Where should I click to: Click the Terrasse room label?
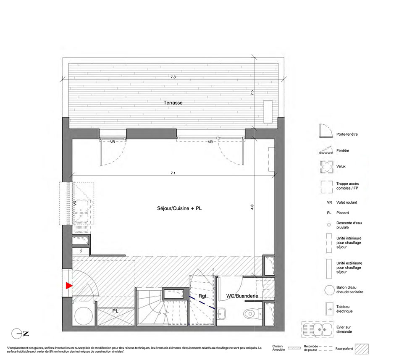pyautogui.click(x=173, y=102)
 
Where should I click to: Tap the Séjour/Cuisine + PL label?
pyautogui.click(x=179, y=208)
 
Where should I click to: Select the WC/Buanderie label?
pyautogui.click(x=242, y=296)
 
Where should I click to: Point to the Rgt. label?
pyautogui.click(x=203, y=296)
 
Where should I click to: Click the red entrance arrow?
pyautogui.click(x=69, y=286)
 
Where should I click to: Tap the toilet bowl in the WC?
pyautogui.click(x=250, y=313)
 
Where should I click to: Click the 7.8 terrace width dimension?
pyautogui.click(x=173, y=77)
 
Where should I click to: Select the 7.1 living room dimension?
pyautogui.click(x=173, y=173)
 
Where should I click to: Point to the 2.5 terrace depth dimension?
pyautogui.click(x=252, y=93)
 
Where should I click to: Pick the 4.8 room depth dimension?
pyautogui.click(x=252, y=207)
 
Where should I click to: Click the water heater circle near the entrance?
pyautogui.click(x=84, y=316)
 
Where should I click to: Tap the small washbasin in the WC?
pyautogui.click(x=222, y=314)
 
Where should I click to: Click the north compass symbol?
pyautogui.click(x=20, y=334)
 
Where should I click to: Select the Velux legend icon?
pyautogui.click(x=327, y=167)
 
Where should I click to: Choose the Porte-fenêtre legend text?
pyautogui.click(x=347, y=134)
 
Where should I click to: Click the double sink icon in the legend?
pyautogui.click(x=318, y=329)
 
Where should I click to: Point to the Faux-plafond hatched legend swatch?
pyautogui.click(x=362, y=349)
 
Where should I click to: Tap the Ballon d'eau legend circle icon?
pyautogui.click(x=329, y=290)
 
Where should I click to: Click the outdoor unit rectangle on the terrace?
pyautogui.click(x=268, y=112)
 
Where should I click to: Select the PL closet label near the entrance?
pyautogui.click(x=115, y=311)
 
